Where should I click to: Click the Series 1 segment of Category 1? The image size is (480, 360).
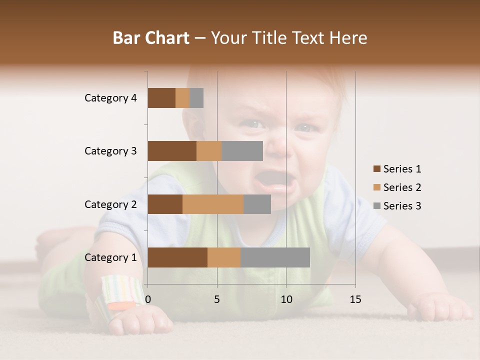[177, 257]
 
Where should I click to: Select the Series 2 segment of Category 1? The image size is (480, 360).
[224, 257]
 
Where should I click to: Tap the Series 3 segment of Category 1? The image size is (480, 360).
[275, 257]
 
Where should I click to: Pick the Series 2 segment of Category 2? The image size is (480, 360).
[213, 204]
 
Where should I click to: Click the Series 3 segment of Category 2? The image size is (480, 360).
[257, 204]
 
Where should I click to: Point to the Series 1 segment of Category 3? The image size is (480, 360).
[172, 151]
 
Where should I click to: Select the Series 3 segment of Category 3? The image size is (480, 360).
[242, 151]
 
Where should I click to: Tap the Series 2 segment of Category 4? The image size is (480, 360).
[182, 98]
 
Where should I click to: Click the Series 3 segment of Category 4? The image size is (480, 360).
[196, 98]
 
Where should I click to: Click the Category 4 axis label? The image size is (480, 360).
[110, 98]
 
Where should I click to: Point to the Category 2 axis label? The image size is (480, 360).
[110, 204]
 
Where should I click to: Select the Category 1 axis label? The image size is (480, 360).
[110, 257]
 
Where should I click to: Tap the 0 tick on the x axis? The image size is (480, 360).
[148, 299]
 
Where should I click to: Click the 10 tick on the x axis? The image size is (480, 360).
[286, 299]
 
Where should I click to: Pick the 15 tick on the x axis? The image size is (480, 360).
[355, 299]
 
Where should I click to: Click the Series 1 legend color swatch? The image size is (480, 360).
[376, 169]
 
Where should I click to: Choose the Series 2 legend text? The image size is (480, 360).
[402, 187]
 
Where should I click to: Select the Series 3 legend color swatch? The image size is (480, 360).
[376, 206]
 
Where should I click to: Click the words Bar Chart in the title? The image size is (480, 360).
[150, 38]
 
